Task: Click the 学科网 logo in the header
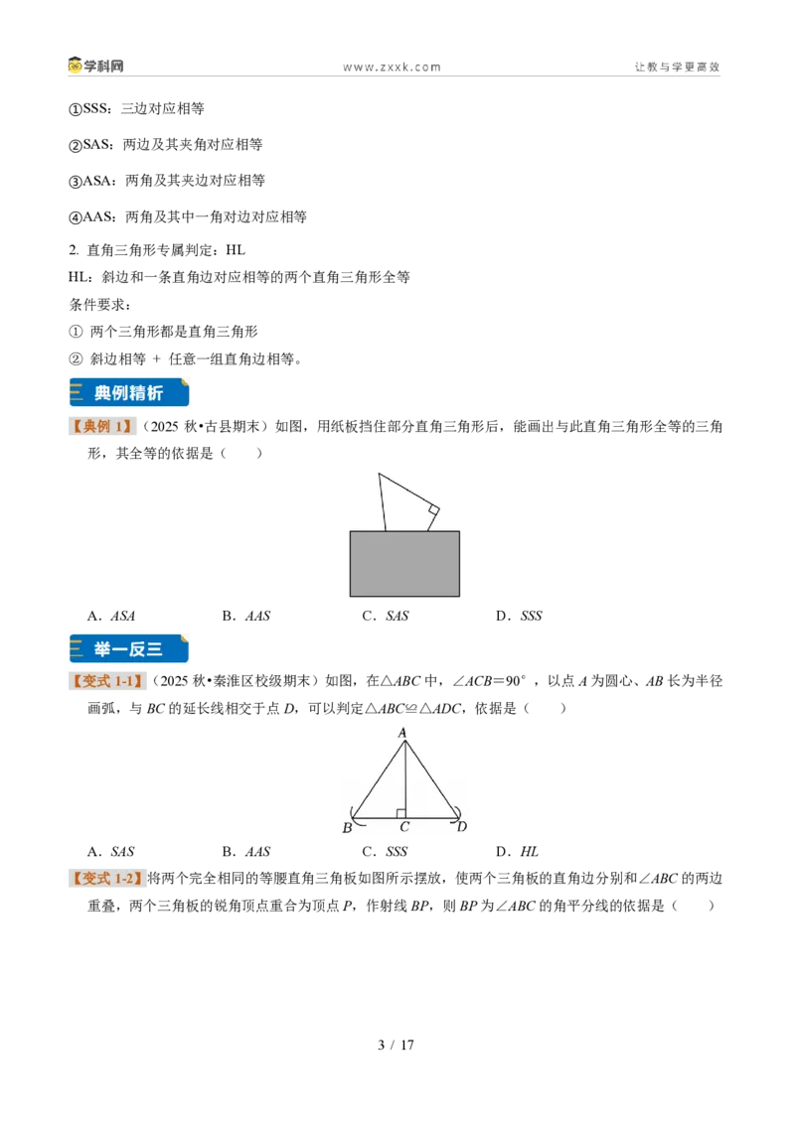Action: pyautogui.click(x=96, y=66)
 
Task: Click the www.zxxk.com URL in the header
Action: pyautogui.click(x=392, y=68)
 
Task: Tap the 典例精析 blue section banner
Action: pyautogui.click(x=129, y=393)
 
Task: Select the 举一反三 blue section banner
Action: pyautogui.click(x=129, y=648)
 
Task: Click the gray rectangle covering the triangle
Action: pyautogui.click(x=404, y=563)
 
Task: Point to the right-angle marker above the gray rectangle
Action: pyautogui.click(x=433, y=510)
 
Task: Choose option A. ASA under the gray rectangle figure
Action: pyautogui.click(x=111, y=616)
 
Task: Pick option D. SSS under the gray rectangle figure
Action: pyautogui.click(x=519, y=616)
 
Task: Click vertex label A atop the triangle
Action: pyautogui.click(x=402, y=733)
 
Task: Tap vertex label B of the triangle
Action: pyautogui.click(x=347, y=828)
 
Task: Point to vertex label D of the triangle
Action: pyautogui.click(x=462, y=826)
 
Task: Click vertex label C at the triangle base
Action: pyautogui.click(x=404, y=827)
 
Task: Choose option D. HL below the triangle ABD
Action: pyautogui.click(x=517, y=852)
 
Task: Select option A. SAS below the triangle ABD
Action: pyautogui.click(x=110, y=852)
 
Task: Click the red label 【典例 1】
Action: pyautogui.click(x=101, y=427)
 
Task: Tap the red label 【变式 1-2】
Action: pyautogui.click(x=106, y=879)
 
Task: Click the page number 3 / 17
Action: pyautogui.click(x=397, y=1046)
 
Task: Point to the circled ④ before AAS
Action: pyautogui.click(x=76, y=217)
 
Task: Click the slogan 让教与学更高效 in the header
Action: pyautogui.click(x=677, y=67)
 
